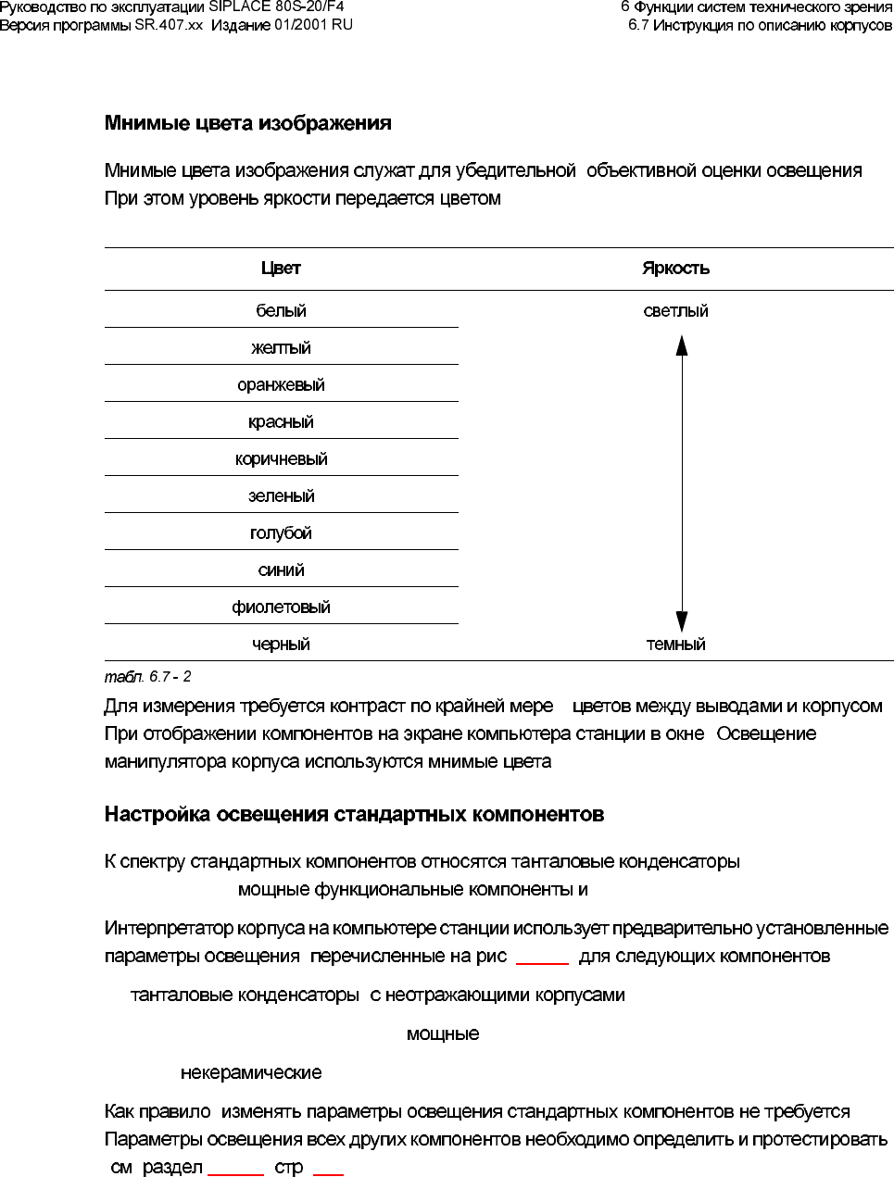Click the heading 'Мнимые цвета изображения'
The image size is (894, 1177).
[247, 123]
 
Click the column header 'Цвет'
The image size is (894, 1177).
[281, 269]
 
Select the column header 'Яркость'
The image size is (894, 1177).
[675, 269]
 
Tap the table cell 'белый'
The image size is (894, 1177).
[281, 311]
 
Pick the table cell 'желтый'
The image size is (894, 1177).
[281, 348]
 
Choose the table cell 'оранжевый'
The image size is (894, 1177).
[281, 385]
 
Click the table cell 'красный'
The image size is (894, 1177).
[281, 422]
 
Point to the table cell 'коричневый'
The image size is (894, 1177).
[281, 459]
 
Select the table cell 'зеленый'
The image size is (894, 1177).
[281, 496]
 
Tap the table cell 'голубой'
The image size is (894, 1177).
[281, 533]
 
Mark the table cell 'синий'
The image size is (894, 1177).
[281, 570]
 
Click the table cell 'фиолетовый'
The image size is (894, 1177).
[281, 607]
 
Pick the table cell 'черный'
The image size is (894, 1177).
[281, 645]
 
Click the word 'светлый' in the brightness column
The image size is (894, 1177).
[675, 311]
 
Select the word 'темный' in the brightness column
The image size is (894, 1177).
[675, 645]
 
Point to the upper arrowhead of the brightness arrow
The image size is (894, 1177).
[682, 344]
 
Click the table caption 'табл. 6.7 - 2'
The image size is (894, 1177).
[147, 677]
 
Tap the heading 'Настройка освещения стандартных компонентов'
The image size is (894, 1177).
[354, 815]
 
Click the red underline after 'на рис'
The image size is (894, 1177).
[542, 963]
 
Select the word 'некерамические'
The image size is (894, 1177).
[251, 1073]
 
